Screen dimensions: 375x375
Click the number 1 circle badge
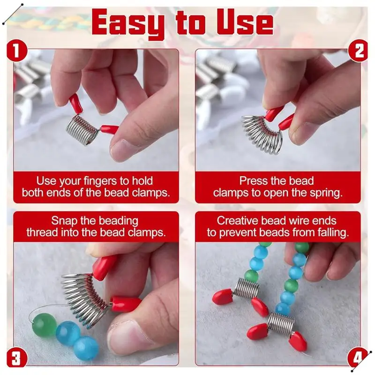pos(16,51)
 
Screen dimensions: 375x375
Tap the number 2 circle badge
pos(358,51)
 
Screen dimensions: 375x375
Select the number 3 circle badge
pos(16,358)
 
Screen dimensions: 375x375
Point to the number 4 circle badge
pos(358,358)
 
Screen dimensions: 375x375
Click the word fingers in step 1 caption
pos(106,181)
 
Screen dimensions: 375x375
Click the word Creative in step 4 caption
pos(237,220)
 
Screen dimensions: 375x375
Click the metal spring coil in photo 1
pos(82,128)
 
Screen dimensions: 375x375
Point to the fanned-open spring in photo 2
pos(262,134)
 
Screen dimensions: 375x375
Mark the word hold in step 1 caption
pos(142,181)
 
